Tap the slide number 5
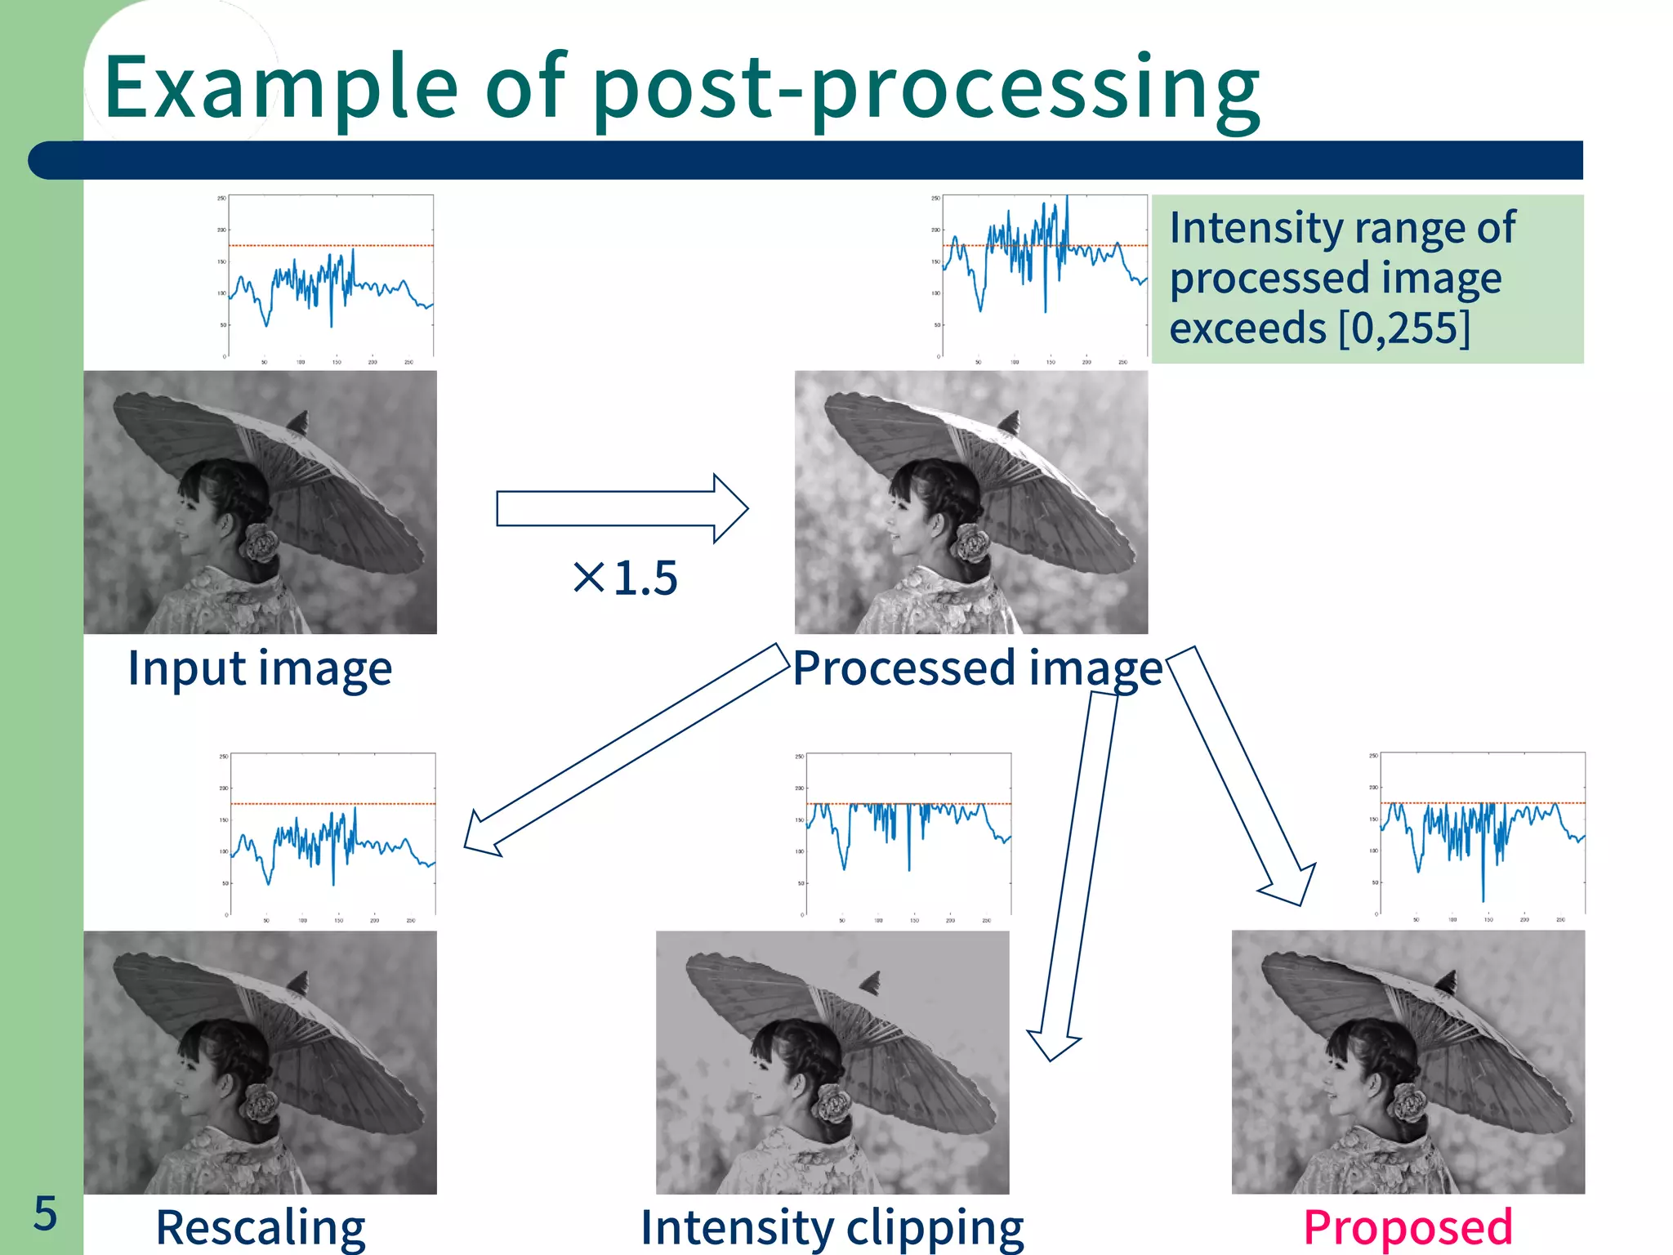click(45, 1213)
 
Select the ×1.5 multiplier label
click(626, 578)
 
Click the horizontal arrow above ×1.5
click(621, 508)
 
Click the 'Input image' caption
click(260, 668)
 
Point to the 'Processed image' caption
click(977, 668)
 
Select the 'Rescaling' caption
click(260, 1227)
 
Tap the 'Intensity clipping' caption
click(832, 1227)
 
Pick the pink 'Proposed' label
click(1408, 1227)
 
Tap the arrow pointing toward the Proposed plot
click(1242, 776)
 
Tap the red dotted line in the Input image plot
click(331, 245)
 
